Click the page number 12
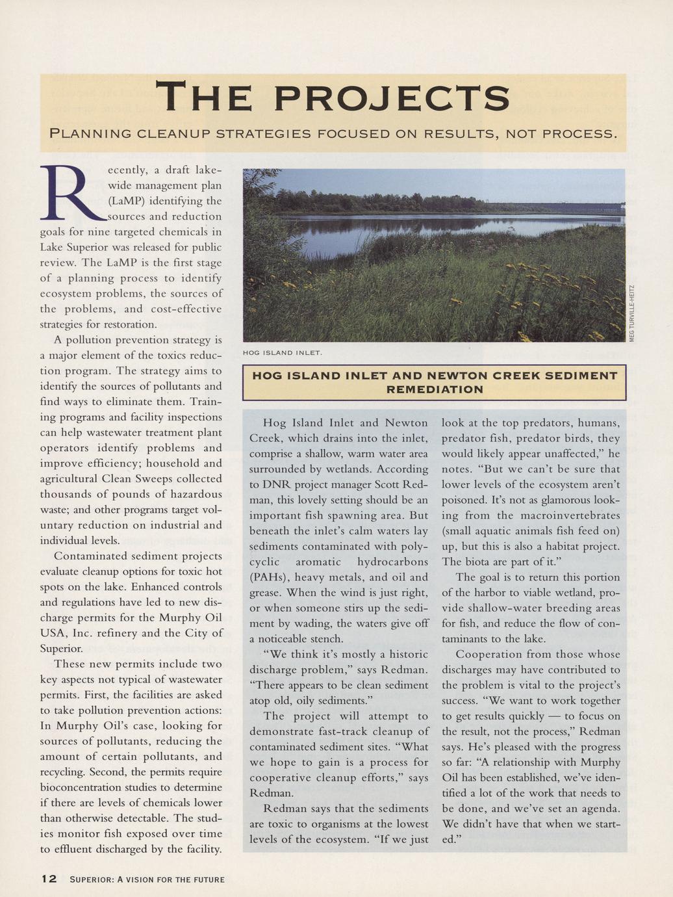tap(49, 879)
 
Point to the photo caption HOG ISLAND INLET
tap(282, 353)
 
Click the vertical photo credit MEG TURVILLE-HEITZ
tap(631, 313)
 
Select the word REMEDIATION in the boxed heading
tap(435, 390)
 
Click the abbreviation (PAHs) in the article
tap(270, 577)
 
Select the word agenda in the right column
tap(601, 809)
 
